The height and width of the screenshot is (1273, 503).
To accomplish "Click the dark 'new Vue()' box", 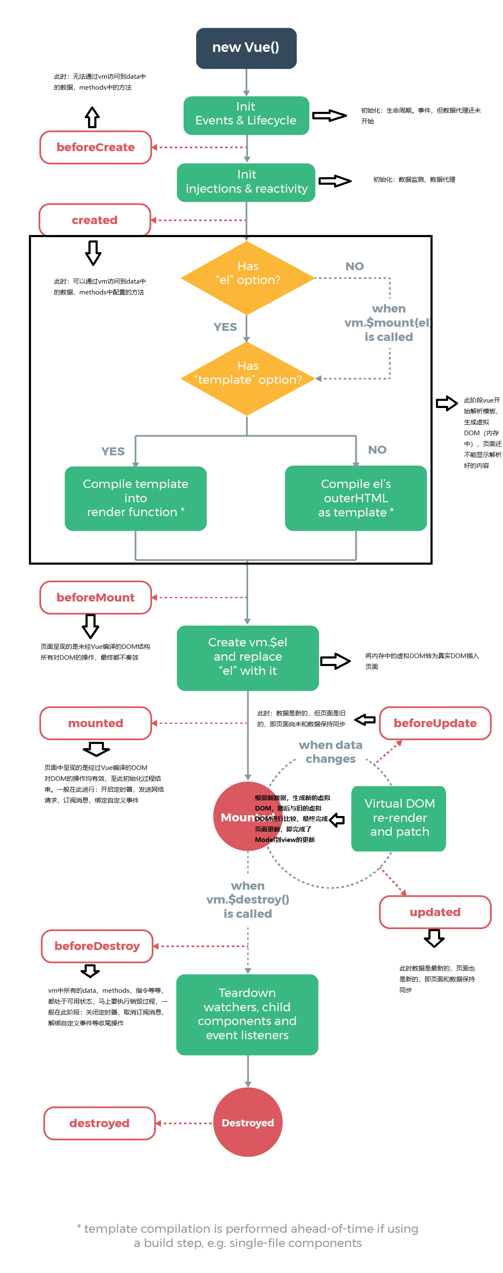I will tap(246, 48).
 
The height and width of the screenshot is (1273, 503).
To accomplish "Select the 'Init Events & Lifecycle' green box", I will tap(246, 115).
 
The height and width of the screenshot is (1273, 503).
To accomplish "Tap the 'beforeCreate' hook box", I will tap(96, 147).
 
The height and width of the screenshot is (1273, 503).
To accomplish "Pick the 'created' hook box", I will tap(94, 220).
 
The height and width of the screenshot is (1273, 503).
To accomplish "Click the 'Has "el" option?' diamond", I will tap(247, 277).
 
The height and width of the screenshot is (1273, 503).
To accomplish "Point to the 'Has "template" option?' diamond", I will tap(247, 378).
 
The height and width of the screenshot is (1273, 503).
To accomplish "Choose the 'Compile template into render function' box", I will tap(135, 498).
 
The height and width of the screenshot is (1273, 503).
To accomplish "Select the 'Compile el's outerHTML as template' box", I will tap(355, 498).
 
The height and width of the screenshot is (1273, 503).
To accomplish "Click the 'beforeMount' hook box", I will tap(96, 597).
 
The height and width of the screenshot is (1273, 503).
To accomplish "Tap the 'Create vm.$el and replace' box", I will tap(247, 657).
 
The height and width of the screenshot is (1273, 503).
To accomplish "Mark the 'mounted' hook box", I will tap(96, 723).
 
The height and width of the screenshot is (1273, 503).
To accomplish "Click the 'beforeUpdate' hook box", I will tap(435, 723).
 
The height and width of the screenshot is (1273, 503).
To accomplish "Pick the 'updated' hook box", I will tap(435, 912).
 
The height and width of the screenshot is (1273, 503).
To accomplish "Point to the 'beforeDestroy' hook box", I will tap(97, 946).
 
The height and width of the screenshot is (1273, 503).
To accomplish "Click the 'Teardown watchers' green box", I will tap(247, 1014).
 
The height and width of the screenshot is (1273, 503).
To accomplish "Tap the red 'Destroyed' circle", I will tap(247, 1122).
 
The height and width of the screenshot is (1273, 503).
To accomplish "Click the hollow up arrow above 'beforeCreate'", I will tap(92, 118).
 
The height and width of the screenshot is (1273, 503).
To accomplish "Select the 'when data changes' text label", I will tap(330, 751).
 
